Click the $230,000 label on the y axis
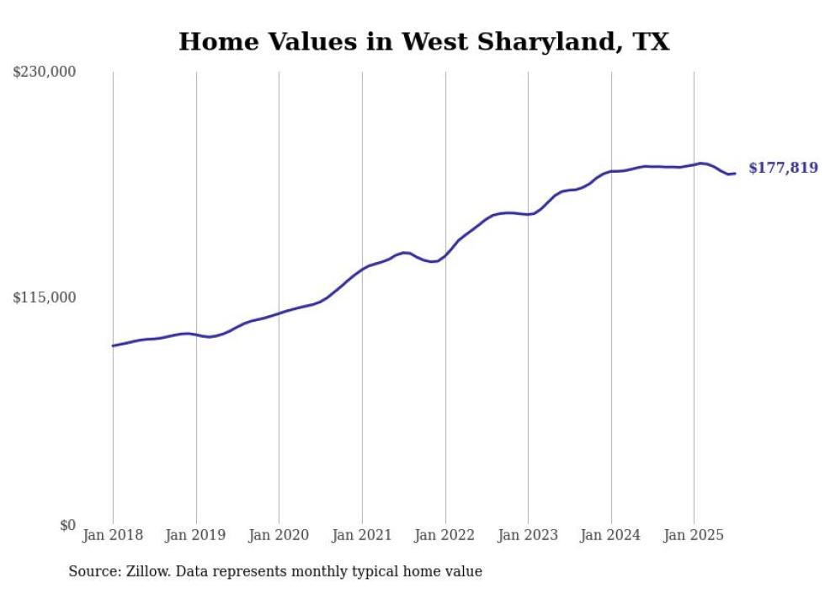[45, 72]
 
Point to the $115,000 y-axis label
[45, 297]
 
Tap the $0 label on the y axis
[67, 525]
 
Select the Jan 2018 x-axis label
[113, 535]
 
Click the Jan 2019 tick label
[196, 535]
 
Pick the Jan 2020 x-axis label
[279, 535]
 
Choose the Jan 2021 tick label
[362, 535]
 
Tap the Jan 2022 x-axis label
[444, 535]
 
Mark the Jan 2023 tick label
[528, 535]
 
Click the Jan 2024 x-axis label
[610, 535]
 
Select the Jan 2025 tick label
[694, 535]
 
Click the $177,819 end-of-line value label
[783, 169]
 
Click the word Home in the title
[214, 41]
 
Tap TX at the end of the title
[652, 41]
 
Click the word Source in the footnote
[93, 571]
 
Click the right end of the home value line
[735, 174]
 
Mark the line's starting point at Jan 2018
[113, 345]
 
